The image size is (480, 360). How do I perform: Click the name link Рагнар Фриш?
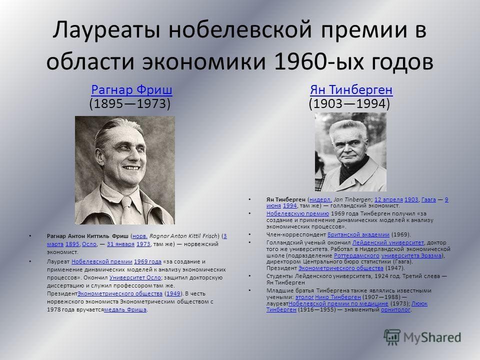(x=131, y=89)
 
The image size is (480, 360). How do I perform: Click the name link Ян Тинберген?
(x=351, y=89)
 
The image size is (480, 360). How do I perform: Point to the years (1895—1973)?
(x=130, y=103)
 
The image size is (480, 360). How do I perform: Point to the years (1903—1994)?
(x=349, y=103)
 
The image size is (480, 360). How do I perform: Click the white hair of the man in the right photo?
(x=348, y=129)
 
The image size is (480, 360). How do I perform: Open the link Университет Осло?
(x=135, y=277)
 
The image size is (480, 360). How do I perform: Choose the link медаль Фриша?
(x=125, y=309)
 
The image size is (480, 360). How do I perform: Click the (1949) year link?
(x=173, y=293)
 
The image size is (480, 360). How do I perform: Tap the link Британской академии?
(x=358, y=235)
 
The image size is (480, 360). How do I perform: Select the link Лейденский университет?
(x=388, y=243)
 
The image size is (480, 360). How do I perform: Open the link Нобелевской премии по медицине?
(x=338, y=303)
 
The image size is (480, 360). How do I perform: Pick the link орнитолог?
(x=395, y=310)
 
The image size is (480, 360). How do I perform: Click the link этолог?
(x=304, y=297)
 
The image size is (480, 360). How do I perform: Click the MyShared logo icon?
(x=392, y=337)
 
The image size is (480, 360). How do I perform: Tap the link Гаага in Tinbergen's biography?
(x=428, y=199)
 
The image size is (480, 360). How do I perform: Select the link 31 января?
(x=120, y=244)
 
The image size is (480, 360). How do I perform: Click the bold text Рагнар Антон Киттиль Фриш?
(x=87, y=236)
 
